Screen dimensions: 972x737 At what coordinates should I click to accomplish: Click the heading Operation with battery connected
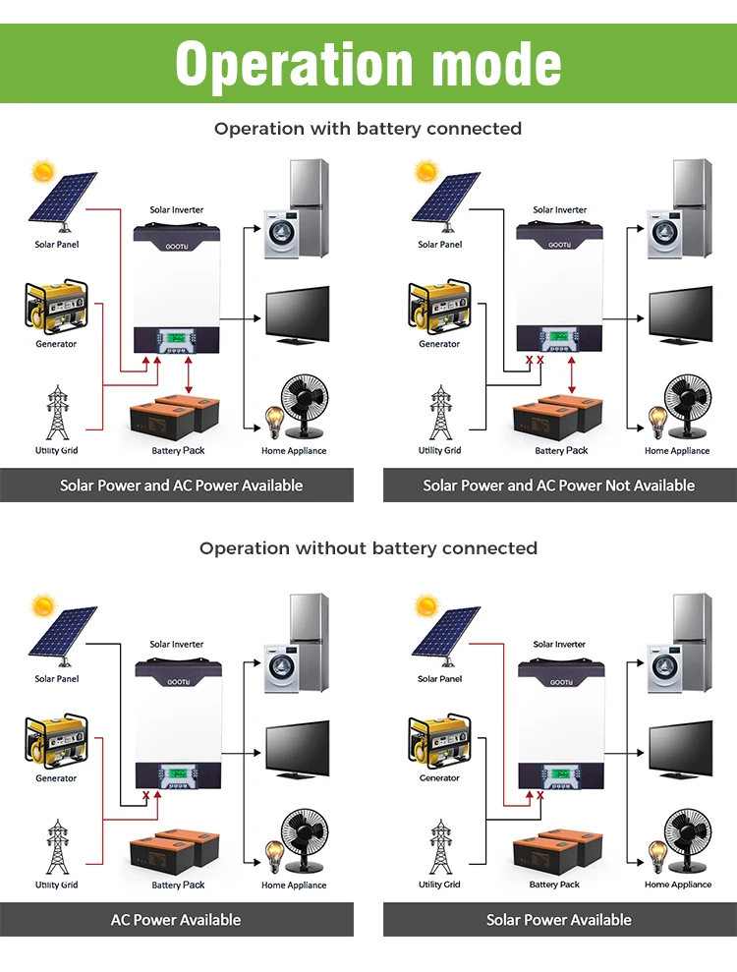tap(368, 129)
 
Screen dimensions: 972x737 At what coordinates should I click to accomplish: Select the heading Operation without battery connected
tap(368, 547)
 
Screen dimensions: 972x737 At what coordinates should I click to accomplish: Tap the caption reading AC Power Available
tap(176, 920)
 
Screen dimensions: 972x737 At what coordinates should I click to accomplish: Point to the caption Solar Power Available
tap(559, 920)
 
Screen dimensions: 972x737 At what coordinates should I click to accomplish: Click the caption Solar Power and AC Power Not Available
tap(559, 486)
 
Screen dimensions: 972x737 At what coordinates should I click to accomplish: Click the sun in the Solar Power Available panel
tap(426, 605)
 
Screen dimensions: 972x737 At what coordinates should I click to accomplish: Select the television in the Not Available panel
tap(680, 315)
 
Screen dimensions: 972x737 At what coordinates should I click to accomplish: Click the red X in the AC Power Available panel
tap(146, 796)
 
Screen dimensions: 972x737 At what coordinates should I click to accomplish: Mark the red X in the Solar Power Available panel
tap(539, 796)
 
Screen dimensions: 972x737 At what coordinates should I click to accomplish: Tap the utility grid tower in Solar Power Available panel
tap(439, 847)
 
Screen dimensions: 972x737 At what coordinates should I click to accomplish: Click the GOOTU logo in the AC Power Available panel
tap(178, 681)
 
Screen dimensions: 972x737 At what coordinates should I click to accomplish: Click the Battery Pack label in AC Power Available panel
tap(178, 885)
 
